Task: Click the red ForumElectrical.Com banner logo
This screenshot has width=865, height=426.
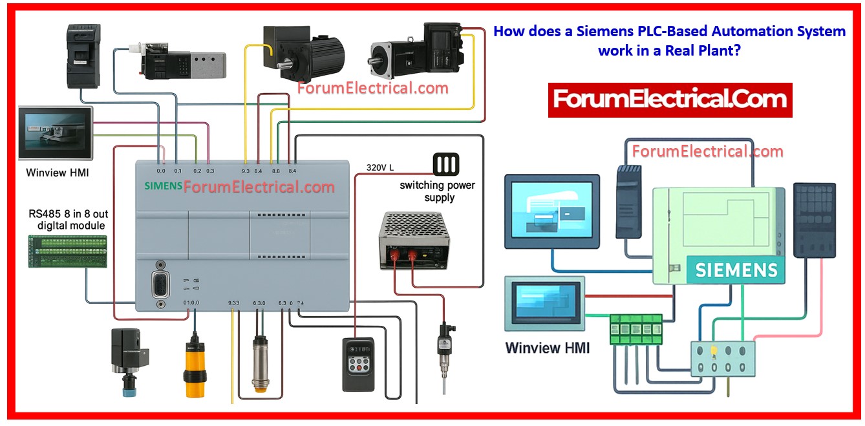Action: coord(670,100)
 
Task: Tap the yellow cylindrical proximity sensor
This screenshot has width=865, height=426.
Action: coord(192,365)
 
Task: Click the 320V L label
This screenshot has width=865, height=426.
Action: coord(379,167)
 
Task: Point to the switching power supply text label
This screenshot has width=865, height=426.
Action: coord(437,191)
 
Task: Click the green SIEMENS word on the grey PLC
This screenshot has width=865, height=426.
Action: coord(162,186)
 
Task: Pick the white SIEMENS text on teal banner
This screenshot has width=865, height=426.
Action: coord(736,270)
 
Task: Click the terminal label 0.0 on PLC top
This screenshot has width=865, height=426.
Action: coord(161,171)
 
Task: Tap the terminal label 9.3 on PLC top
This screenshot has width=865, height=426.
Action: coord(245,171)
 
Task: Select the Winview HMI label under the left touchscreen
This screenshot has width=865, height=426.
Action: coord(58,173)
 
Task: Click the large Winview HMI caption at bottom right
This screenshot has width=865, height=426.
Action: coord(547,348)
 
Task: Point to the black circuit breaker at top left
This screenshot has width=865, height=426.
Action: coord(83,57)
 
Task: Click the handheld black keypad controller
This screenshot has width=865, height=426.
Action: coord(358,364)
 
